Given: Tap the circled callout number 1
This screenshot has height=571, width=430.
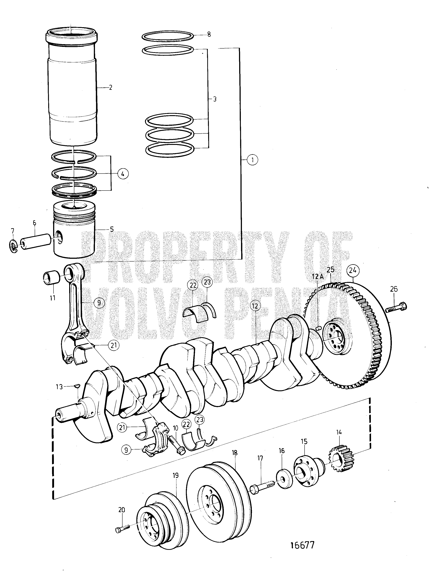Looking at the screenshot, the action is [252, 160].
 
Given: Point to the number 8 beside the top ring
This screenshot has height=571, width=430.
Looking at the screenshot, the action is [209, 34].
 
